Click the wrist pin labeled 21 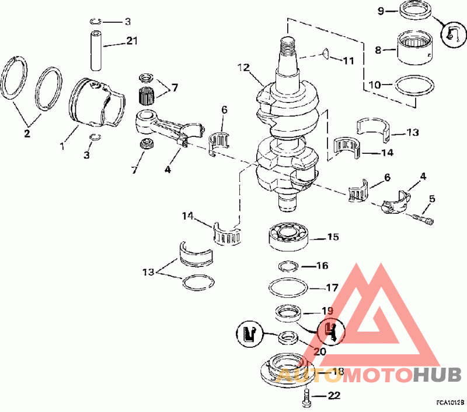pos(96,51)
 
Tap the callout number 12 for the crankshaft pos(243,68)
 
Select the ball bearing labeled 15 pos(288,237)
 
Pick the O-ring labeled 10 pos(414,85)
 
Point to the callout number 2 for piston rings pos(27,133)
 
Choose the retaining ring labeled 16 pos(288,266)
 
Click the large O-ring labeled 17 pos(288,288)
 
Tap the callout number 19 pos(327,311)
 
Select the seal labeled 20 pos(288,338)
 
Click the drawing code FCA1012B pos(450,403)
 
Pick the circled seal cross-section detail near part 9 pos(453,36)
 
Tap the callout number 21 pos(132,40)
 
